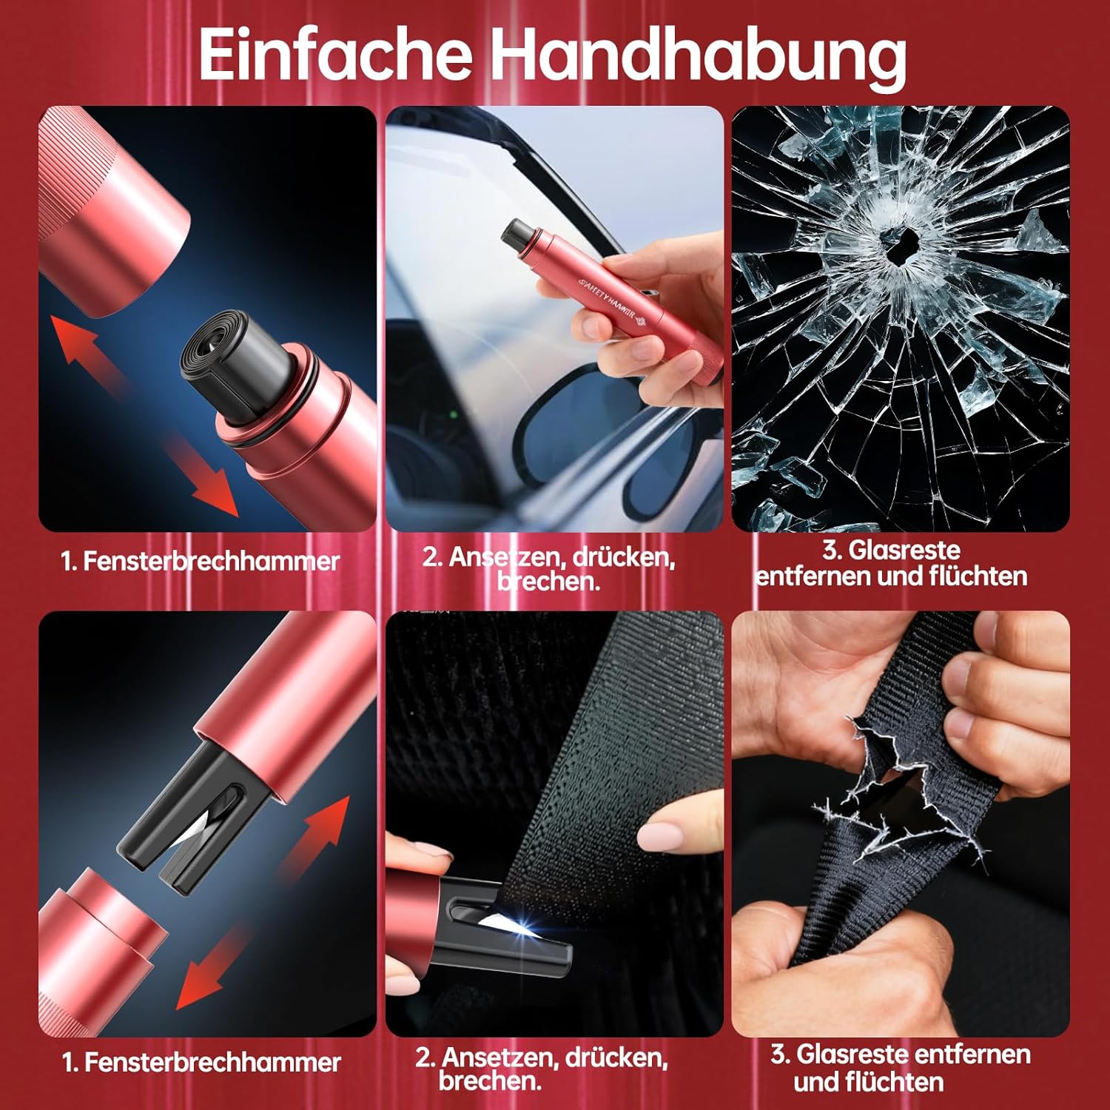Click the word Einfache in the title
[335, 53]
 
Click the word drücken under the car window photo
[622, 556]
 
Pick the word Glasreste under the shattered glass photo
[904, 550]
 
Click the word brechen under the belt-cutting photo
[489, 1081]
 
